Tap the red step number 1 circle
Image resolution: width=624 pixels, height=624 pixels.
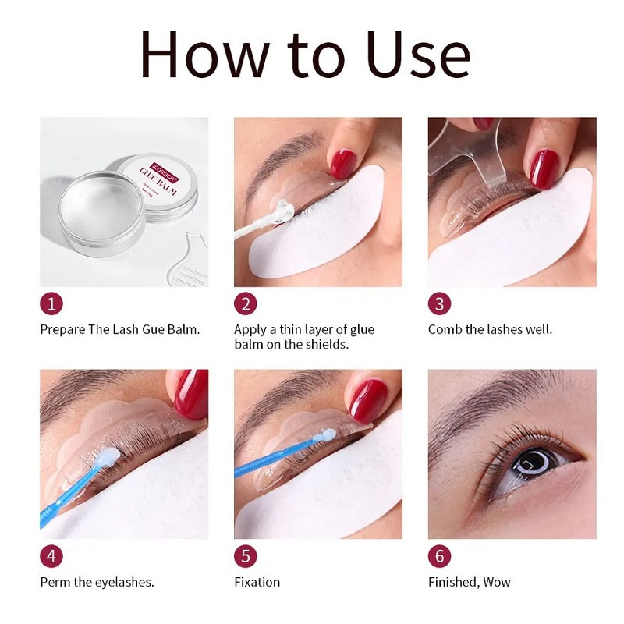pyautogui.click(x=51, y=303)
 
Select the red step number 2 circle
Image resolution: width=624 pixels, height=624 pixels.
pyautogui.click(x=246, y=303)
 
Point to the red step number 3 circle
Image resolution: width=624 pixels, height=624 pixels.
pyautogui.click(x=440, y=303)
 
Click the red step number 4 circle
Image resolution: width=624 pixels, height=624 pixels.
pyautogui.click(x=51, y=556)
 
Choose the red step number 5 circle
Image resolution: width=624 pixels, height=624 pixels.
pyautogui.click(x=246, y=556)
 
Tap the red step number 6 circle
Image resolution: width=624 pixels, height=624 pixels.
pyautogui.click(x=440, y=556)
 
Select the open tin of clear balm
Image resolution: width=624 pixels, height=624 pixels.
pyautogui.click(x=101, y=211)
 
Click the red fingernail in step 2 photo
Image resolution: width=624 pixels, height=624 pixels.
pyautogui.click(x=342, y=165)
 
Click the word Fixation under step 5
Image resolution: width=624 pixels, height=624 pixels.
pyautogui.click(x=257, y=582)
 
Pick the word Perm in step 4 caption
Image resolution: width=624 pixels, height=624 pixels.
pyautogui.click(x=54, y=582)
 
